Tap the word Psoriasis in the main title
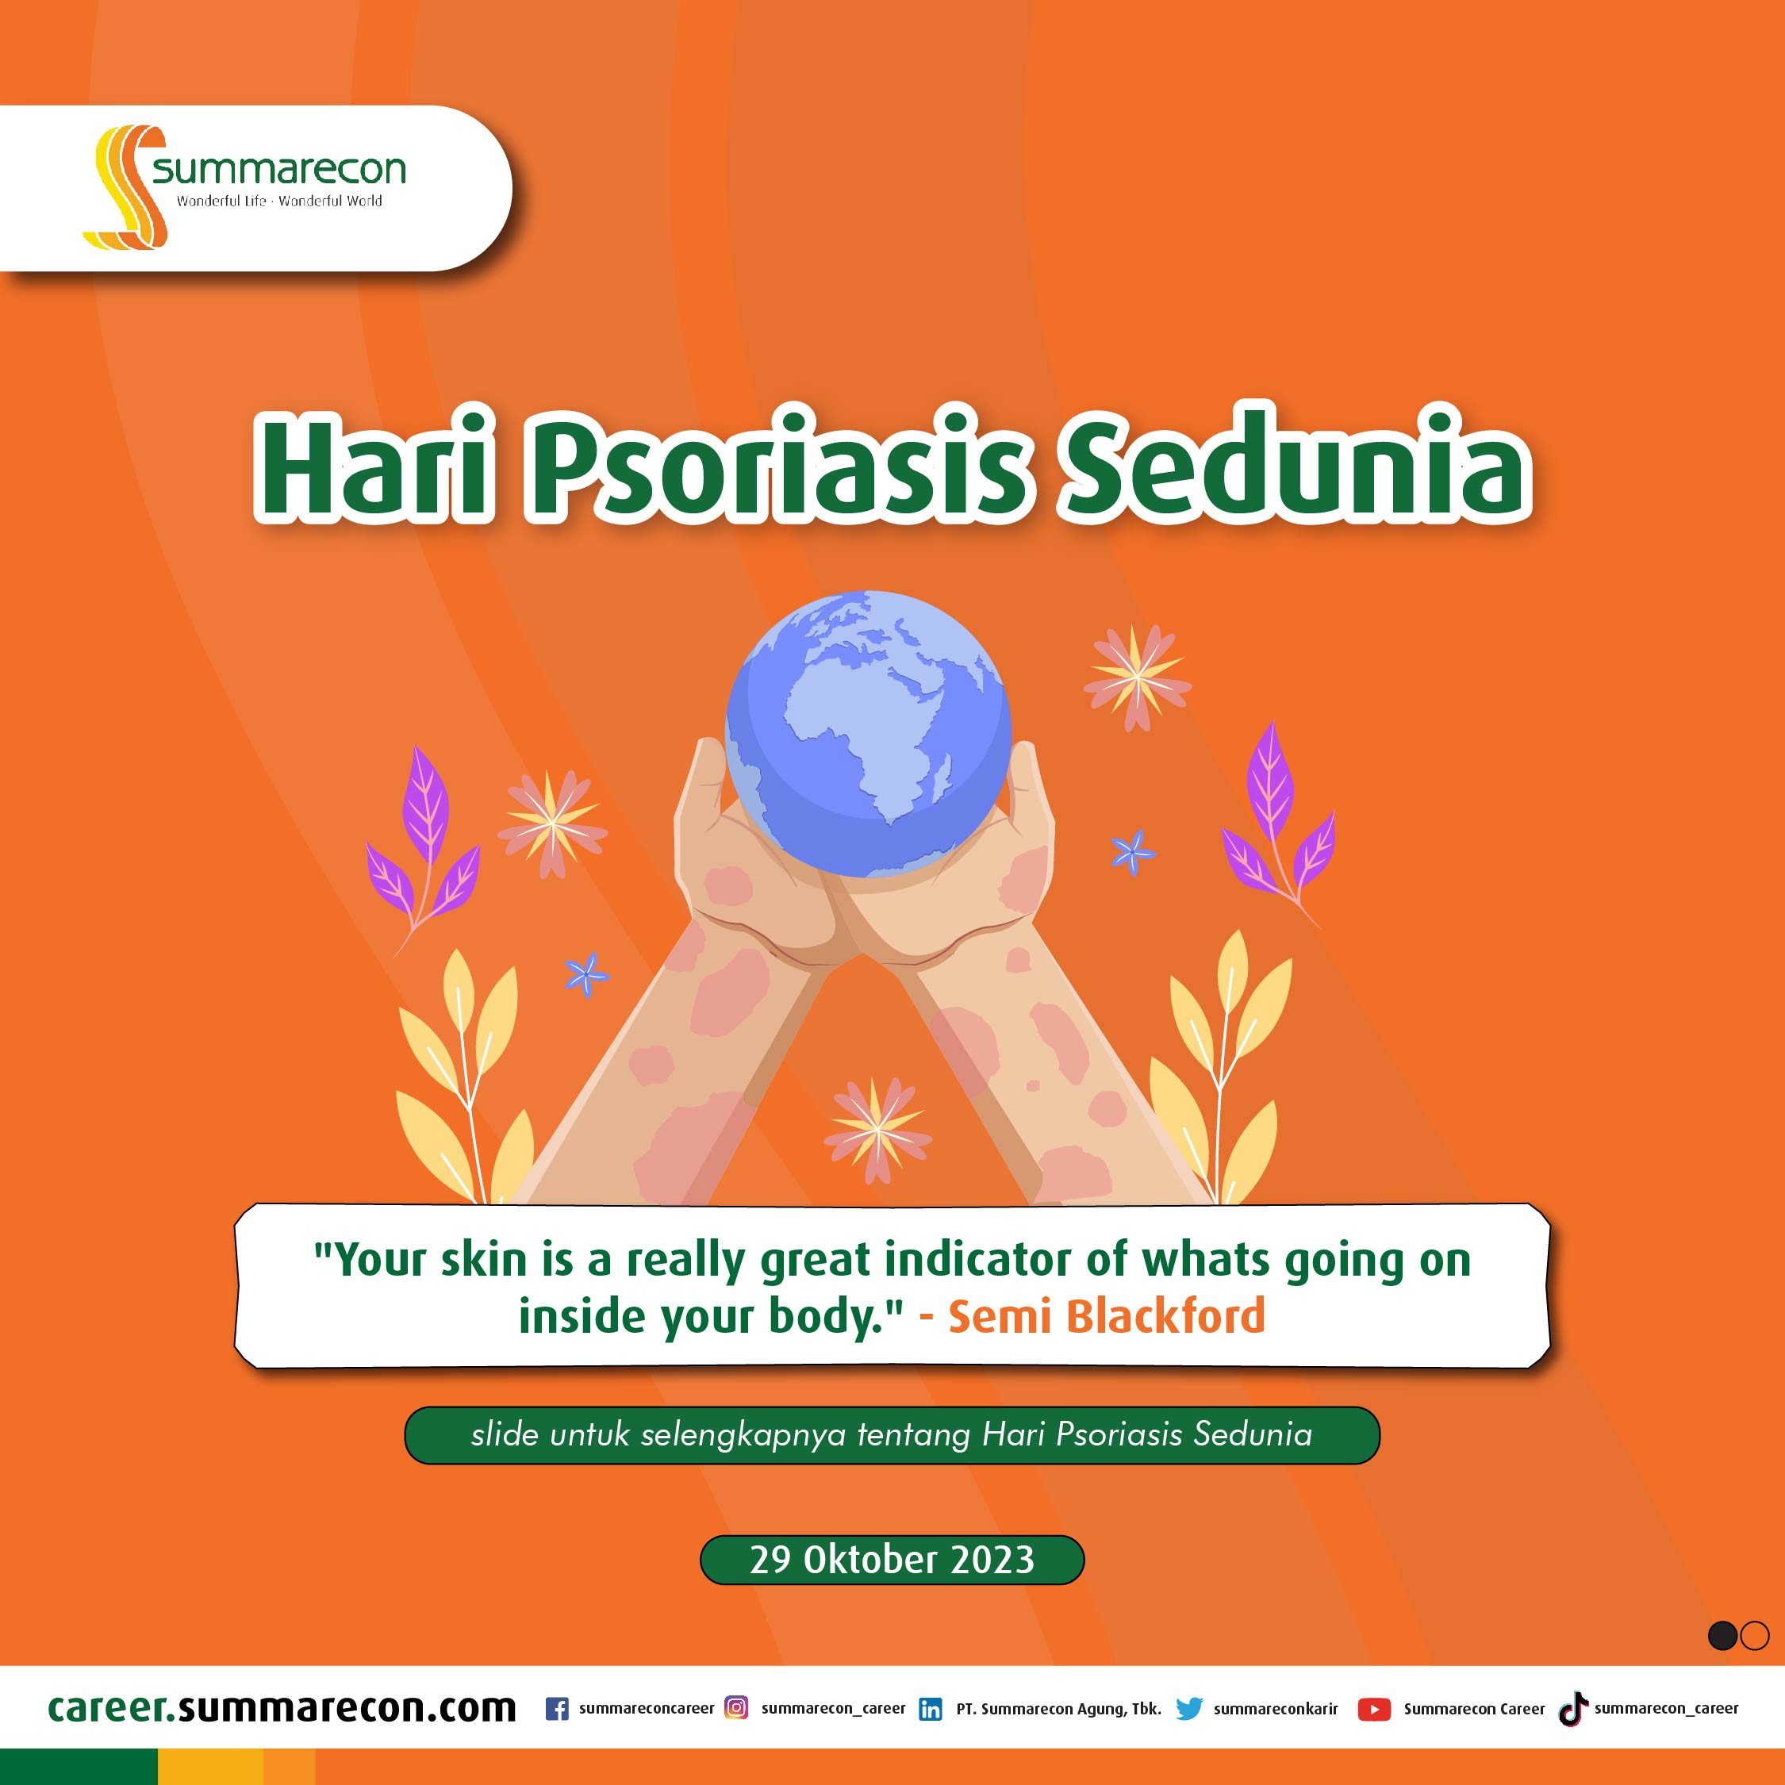[777, 465]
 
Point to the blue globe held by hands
[869, 734]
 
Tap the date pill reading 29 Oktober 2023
[892, 1560]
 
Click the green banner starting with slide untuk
[892, 1435]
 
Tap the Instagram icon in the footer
[736, 1707]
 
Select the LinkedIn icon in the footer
[931, 1710]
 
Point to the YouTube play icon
[1374, 1710]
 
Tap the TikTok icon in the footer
[1573, 1708]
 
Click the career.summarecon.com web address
[282, 1707]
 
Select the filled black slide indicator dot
[1722, 1635]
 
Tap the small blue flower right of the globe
[1133, 851]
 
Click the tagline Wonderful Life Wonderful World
[279, 201]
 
